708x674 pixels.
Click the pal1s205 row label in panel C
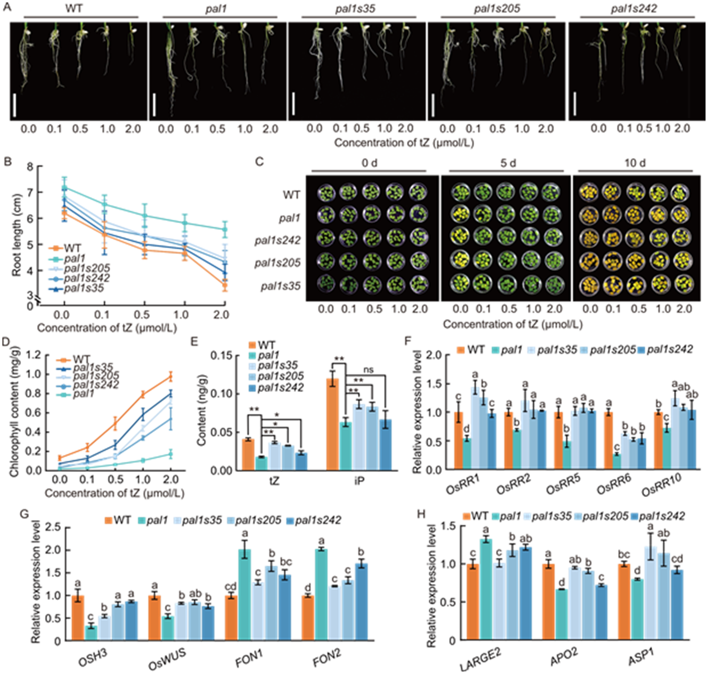[x=278, y=263]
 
